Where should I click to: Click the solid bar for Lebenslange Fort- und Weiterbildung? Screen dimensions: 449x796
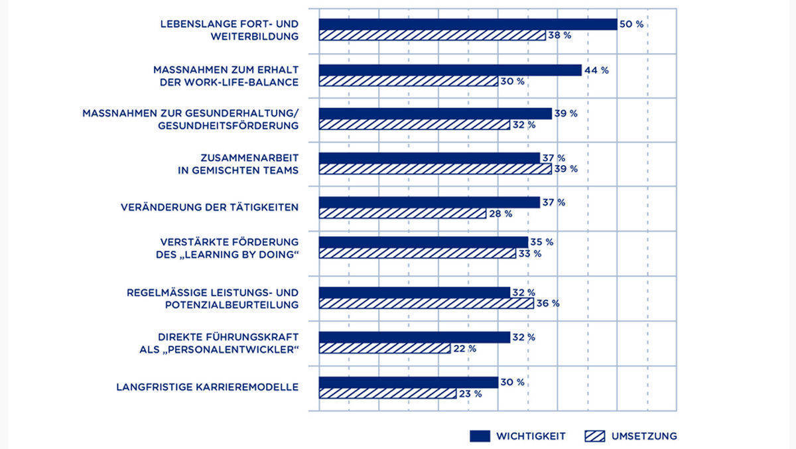click(x=468, y=25)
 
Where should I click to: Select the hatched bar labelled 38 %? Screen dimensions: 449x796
click(x=432, y=36)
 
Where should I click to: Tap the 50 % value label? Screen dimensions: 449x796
click(x=631, y=25)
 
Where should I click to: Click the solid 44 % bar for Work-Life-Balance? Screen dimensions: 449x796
click(x=450, y=70)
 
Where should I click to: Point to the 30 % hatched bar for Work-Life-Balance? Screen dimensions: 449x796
click(x=408, y=81)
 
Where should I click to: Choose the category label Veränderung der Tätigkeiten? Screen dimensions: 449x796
click(x=210, y=208)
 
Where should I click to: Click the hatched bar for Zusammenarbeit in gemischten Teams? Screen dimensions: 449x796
click(x=435, y=169)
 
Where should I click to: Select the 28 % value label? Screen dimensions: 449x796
click(x=500, y=214)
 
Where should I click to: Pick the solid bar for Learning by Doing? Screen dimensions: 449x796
click(x=423, y=242)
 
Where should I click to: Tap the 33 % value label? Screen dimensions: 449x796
click(x=529, y=253)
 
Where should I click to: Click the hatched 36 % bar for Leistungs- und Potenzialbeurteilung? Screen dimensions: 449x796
click(x=426, y=303)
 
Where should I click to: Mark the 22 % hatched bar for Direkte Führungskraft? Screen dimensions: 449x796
click(x=385, y=348)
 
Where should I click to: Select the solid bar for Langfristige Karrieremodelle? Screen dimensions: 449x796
click(x=408, y=382)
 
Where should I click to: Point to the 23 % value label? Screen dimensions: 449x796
click(x=470, y=393)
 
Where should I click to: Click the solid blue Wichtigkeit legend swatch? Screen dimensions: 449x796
click(x=480, y=436)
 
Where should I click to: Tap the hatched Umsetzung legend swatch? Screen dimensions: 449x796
click(x=594, y=436)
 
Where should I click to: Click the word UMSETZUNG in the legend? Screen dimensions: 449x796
click(x=644, y=436)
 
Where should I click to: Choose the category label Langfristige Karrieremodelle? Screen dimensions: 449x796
click(x=207, y=387)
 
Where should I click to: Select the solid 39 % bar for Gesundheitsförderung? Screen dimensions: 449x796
click(x=435, y=113)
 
